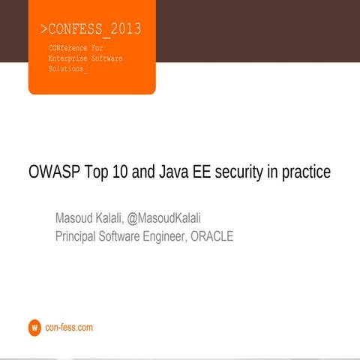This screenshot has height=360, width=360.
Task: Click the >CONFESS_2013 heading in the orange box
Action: pyautogui.click(x=91, y=30)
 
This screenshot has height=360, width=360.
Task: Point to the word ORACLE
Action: pyautogui.click(x=211, y=236)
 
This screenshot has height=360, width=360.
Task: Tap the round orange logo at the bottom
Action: pyautogui.click(x=34, y=328)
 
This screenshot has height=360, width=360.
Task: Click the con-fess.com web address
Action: pyautogui.click(x=69, y=328)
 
